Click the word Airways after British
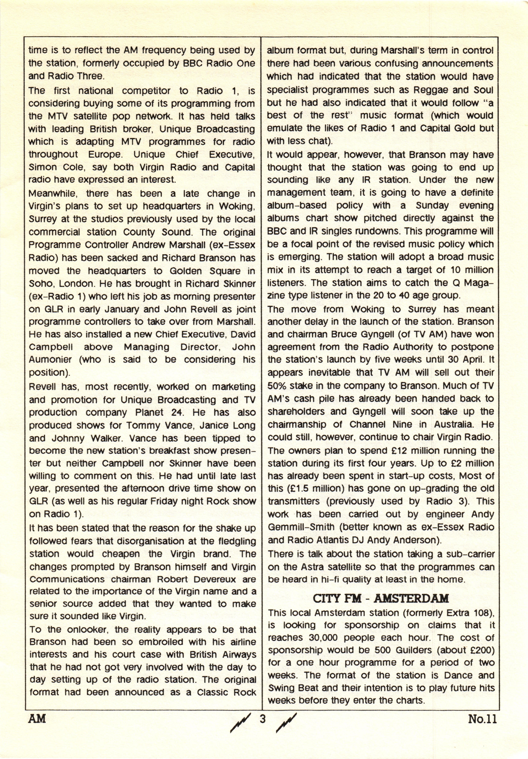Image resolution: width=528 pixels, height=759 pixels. [x=237, y=655]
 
